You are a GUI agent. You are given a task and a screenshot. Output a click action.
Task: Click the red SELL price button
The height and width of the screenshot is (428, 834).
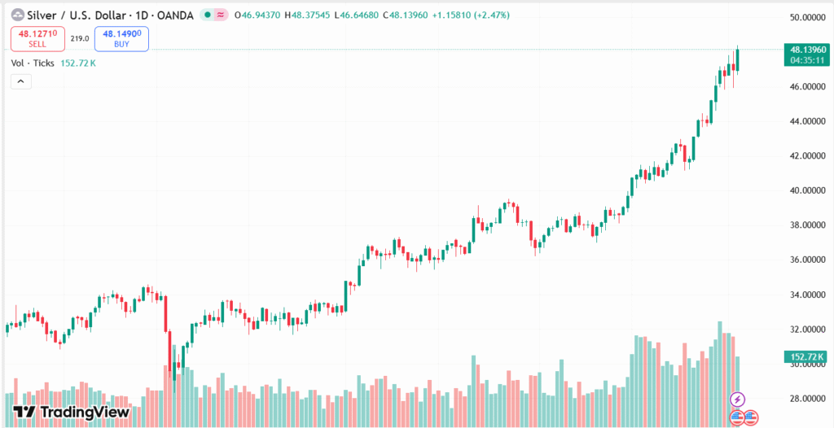37,38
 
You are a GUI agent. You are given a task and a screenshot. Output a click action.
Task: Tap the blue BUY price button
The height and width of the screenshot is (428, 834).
121,38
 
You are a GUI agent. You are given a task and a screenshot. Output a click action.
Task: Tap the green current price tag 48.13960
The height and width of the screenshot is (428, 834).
805,49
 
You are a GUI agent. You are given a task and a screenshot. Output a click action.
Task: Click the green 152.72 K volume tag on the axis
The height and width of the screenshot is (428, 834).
805,356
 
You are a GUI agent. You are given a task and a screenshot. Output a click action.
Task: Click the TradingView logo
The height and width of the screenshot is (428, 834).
72,412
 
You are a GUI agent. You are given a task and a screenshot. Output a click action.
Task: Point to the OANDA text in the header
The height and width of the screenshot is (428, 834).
177,15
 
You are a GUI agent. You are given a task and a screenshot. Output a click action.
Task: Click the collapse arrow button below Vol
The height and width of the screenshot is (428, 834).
20,81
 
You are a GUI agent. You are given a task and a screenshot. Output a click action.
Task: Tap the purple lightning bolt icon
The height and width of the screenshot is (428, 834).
737,399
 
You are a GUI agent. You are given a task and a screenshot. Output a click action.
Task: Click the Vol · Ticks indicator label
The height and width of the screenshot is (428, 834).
33,63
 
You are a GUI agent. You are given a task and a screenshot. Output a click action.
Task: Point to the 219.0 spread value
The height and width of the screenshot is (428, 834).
80,38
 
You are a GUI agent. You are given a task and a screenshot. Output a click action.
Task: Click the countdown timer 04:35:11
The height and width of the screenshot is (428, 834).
805,60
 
